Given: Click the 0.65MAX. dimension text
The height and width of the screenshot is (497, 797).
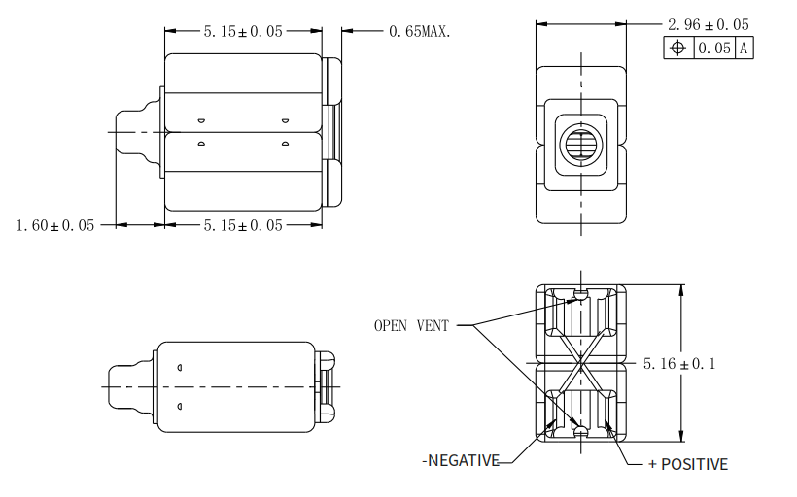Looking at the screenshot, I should [420, 31].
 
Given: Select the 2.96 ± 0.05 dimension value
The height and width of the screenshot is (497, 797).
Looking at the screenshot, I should [708, 23].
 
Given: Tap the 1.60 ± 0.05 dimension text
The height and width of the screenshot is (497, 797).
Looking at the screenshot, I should [55, 225].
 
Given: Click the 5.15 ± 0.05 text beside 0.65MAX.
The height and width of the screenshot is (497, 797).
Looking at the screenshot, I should [243, 31].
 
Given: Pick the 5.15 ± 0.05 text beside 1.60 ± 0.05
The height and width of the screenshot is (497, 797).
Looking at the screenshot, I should [243, 225].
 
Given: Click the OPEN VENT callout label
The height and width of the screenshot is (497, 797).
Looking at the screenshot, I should [411, 326].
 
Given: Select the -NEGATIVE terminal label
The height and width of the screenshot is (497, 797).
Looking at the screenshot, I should [460, 460].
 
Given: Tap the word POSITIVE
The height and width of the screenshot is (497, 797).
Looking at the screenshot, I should [694, 464].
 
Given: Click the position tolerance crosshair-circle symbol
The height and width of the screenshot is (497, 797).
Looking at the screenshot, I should [678, 48].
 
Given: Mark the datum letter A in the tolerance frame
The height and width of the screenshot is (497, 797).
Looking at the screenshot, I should [744, 48].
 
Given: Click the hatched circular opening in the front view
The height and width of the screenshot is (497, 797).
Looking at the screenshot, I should [581, 146].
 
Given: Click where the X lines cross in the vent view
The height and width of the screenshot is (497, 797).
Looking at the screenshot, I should [581, 363].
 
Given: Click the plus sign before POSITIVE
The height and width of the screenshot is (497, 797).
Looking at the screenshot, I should [652, 464].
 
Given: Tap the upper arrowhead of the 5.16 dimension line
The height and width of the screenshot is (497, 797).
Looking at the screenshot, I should [679, 288].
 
